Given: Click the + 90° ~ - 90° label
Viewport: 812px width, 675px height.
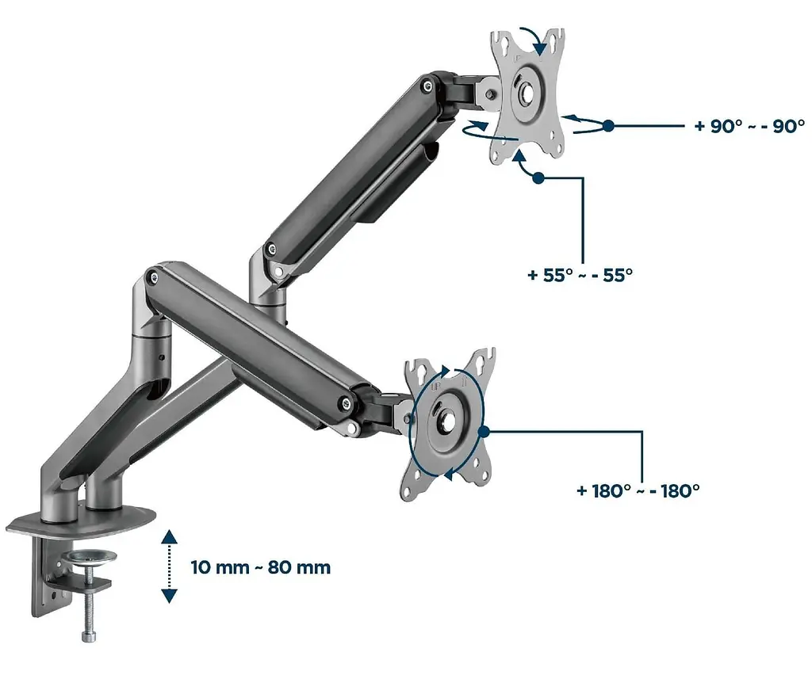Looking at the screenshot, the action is click(x=749, y=126).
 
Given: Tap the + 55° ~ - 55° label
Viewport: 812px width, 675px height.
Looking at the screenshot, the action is click(x=580, y=275).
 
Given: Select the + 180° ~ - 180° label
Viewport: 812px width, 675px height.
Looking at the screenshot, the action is click(x=638, y=490).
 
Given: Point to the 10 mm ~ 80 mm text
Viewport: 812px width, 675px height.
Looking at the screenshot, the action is click(x=260, y=567).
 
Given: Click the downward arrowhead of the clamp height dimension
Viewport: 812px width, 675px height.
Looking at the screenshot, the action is click(x=170, y=596).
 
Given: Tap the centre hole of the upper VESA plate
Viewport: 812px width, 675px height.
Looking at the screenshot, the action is click(x=527, y=93).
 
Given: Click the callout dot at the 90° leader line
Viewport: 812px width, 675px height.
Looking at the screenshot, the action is click(x=608, y=126).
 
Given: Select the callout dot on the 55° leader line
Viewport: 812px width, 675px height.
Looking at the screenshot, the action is click(x=538, y=178).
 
